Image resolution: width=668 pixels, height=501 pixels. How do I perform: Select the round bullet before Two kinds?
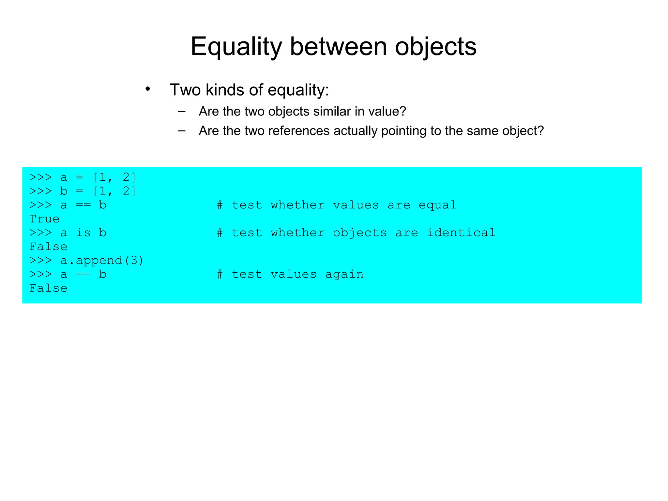[x=148, y=89]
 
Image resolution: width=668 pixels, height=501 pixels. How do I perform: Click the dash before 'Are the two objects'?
[x=182, y=112]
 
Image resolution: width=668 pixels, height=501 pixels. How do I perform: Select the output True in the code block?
[x=44, y=219]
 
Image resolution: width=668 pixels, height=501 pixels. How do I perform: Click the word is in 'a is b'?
[x=83, y=233]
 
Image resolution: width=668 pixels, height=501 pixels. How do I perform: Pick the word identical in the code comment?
[x=461, y=233]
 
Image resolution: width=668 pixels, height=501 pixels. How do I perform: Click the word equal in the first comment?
[x=437, y=205]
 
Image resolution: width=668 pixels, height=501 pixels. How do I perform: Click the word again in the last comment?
[x=344, y=274]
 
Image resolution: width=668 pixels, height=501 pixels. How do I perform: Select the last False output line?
[x=48, y=288]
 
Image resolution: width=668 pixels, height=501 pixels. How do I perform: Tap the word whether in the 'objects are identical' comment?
[x=297, y=233]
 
